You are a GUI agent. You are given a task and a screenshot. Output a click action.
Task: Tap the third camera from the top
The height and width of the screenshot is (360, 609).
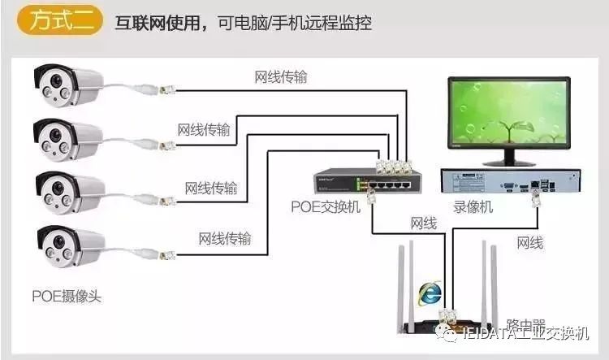click(69, 192)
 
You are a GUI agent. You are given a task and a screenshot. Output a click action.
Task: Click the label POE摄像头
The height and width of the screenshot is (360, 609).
click(67, 297)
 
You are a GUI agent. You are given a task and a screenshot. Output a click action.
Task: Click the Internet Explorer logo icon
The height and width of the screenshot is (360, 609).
click(429, 290)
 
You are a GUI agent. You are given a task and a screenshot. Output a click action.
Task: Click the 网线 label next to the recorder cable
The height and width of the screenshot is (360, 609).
click(529, 242)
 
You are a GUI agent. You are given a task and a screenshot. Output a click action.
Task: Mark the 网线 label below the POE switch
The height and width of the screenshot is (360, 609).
click(423, 223)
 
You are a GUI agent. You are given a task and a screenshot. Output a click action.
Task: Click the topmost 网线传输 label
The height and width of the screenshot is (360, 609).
click(281, 77)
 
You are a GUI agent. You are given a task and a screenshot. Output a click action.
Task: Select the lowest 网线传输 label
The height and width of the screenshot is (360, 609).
click(225, 238)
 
